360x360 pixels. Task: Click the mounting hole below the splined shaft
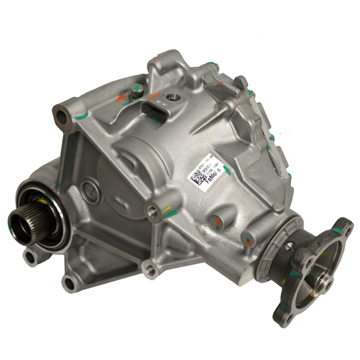point(30,258)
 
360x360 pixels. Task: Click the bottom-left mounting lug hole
point(69,282)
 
